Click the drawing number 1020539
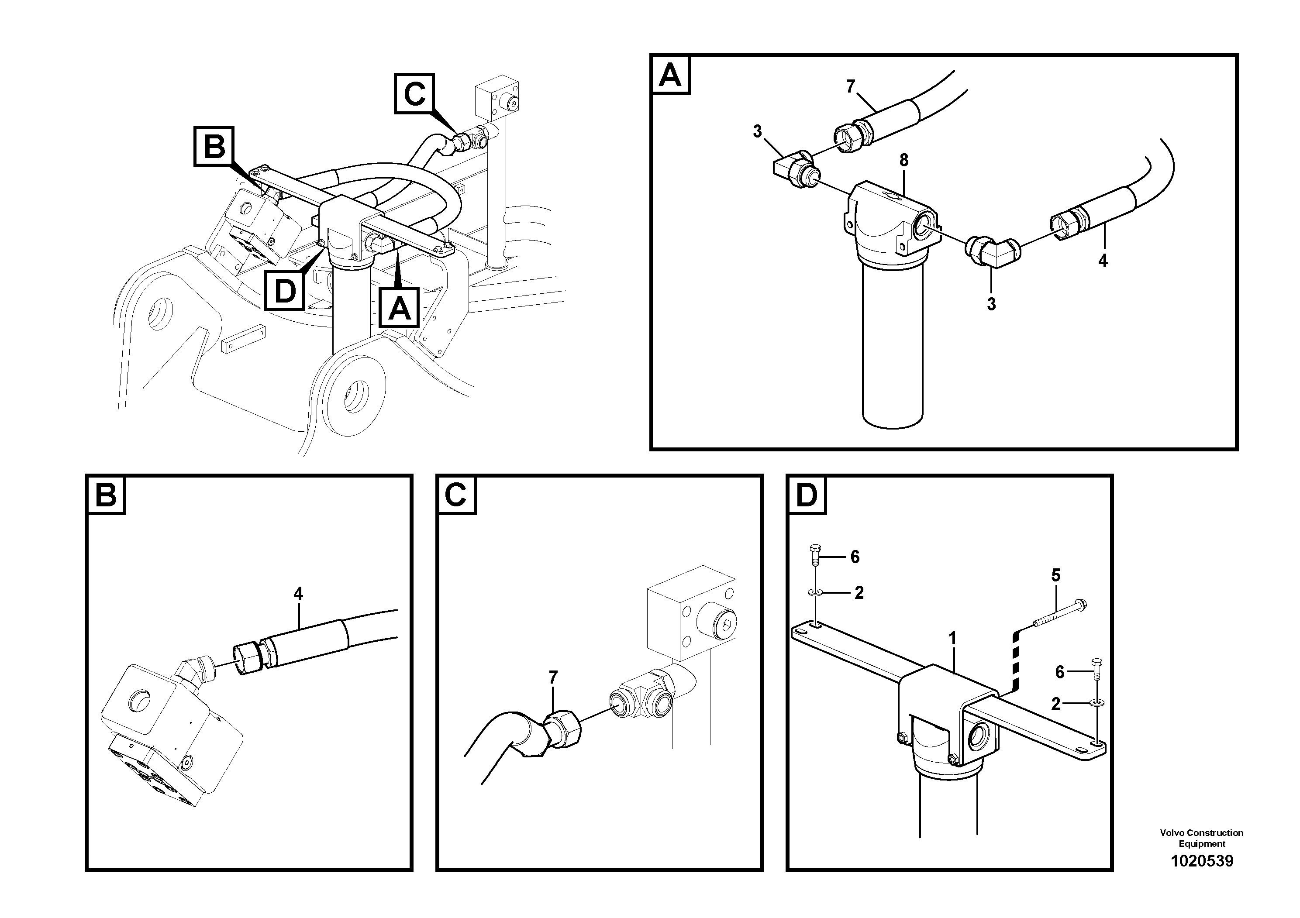point(1201,861)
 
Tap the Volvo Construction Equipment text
point(1201,838)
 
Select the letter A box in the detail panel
point(671,75)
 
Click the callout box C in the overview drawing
point(414,93)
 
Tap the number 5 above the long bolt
point(1055,576)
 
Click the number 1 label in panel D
point(952,639)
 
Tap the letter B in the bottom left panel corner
point(106,495)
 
